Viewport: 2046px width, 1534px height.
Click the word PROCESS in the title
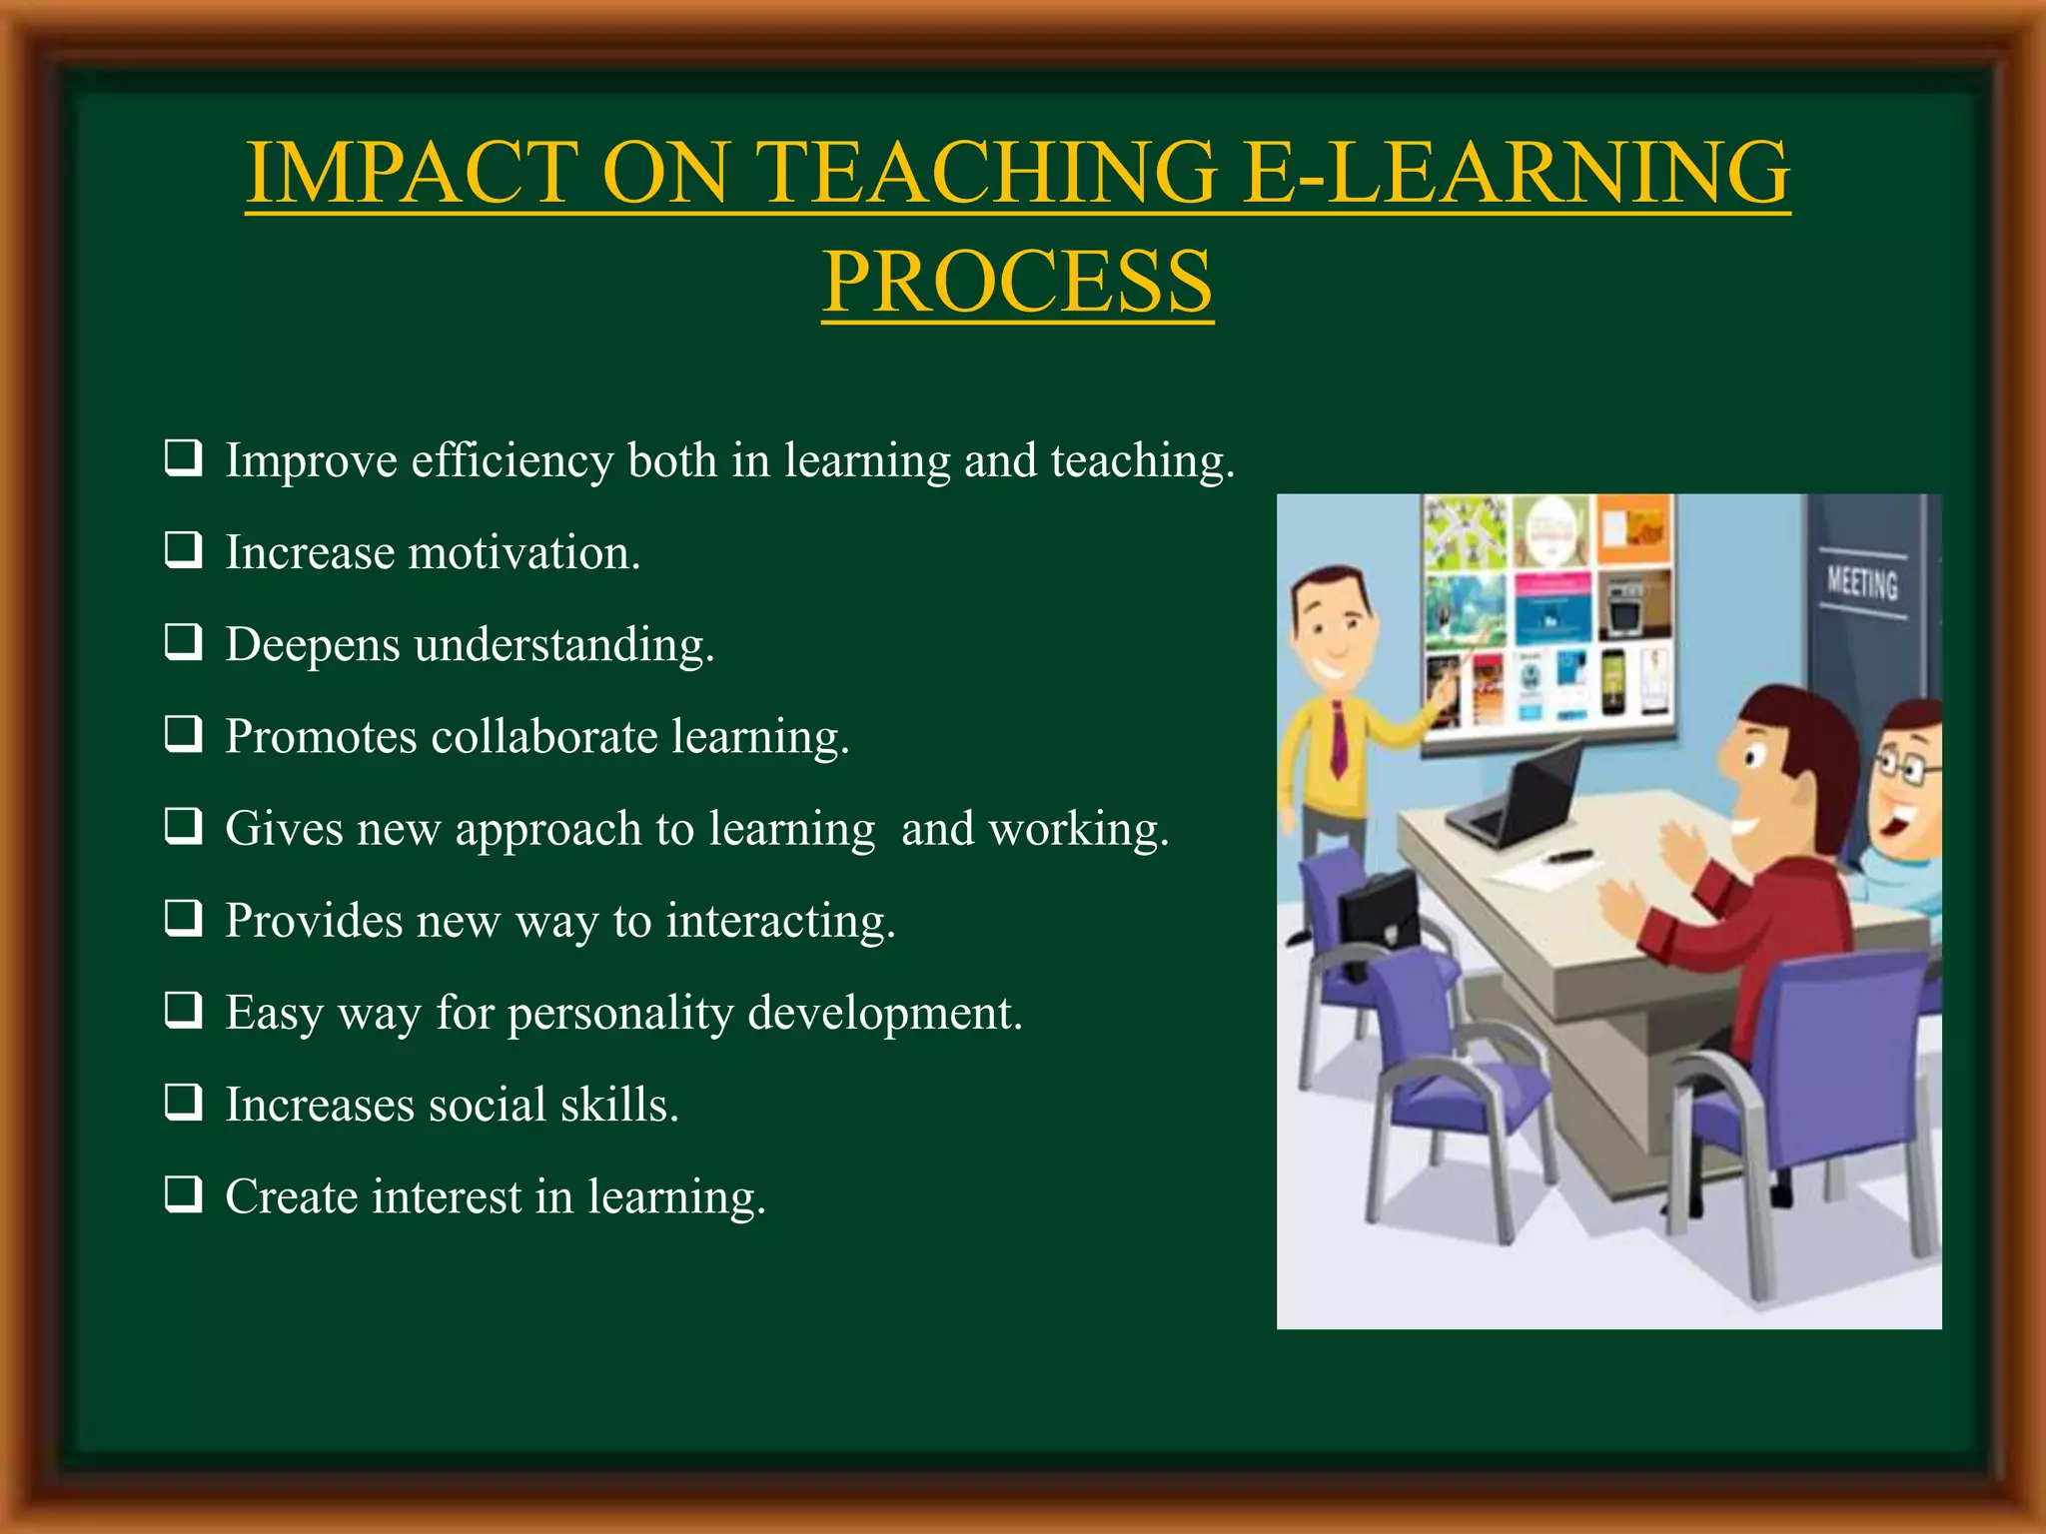pos(1017,282)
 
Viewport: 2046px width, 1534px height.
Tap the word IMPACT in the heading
pos(411,173)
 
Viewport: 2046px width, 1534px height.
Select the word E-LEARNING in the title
pos(1516,173)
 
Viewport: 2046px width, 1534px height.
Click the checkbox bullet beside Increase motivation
pos(184,550)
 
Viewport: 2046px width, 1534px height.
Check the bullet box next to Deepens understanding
pos(184,642)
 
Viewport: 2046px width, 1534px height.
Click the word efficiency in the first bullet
pos(511,461)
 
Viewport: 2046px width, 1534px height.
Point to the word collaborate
pos(544,737)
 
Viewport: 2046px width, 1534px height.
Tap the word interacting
pos(780,921)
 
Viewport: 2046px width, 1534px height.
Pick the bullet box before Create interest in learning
pos(184,1193)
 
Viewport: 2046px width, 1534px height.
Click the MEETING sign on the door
pos(1861,582)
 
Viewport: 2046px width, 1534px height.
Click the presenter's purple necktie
pos(1338,739)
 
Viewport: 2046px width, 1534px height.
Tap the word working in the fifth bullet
pos(1078,829)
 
